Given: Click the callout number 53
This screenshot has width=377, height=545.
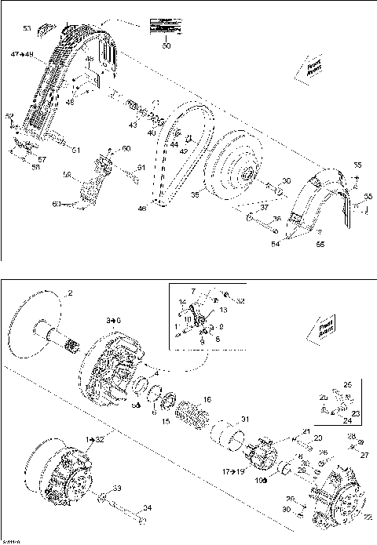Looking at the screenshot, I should point(27,28).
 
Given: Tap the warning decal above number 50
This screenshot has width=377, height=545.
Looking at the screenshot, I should point(165,27).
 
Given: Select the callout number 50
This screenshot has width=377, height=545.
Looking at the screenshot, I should point(166,48).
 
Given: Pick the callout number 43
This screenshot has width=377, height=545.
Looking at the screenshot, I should point(133,125).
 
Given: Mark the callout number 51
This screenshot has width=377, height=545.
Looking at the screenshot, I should point(76,151).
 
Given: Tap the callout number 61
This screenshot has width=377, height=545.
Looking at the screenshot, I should point(142,168).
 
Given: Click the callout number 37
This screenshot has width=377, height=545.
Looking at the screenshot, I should point(265,206).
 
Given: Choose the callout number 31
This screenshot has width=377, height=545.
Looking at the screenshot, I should point(243,417).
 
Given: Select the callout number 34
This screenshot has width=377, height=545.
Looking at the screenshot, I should point(146,507).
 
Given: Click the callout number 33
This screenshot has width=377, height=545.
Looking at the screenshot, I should point(117,489).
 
